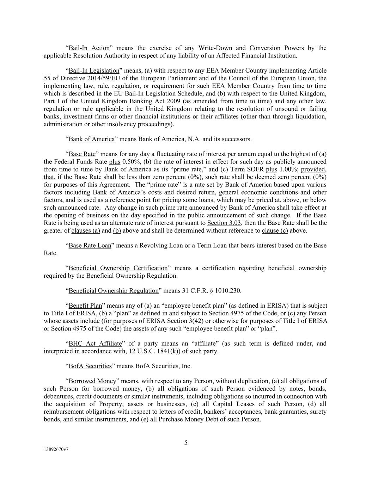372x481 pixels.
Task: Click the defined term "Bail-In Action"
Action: click(x=89, y=48)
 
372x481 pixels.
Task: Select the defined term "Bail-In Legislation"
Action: click(x=94, y=71)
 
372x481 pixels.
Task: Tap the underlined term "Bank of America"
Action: click(x=92, y=139)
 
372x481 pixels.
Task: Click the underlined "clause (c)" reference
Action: click(x=275, y=231)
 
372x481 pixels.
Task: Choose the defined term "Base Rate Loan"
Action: click(x=90, y=246)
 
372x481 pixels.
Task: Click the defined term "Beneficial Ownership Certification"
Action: click(x=118, y=268)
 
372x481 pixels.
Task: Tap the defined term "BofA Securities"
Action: click(x=90, y=366)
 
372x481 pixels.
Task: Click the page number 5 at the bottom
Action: click(x=186, y=443)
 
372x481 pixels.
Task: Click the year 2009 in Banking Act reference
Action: click(x=166, y=101)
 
